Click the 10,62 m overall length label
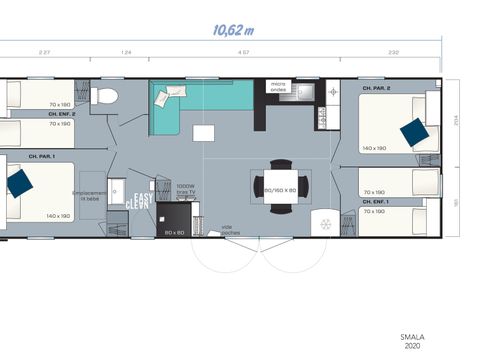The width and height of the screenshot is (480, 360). (233, 30)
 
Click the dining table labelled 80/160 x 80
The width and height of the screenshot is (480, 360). (279, 188)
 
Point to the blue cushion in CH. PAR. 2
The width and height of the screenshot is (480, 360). (413, 132)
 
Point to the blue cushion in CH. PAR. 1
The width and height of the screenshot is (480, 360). (17, 183)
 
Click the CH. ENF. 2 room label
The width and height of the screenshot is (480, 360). (62, 114)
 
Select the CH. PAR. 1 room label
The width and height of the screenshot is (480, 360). (41, 157)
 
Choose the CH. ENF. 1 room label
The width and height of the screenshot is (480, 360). (375, 201)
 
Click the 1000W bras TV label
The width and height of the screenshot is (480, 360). (186, 189)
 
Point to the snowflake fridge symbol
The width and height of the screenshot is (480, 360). (323, 222)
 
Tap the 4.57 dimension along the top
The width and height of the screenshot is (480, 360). (244, 50)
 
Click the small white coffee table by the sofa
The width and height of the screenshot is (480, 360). (203, 133)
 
